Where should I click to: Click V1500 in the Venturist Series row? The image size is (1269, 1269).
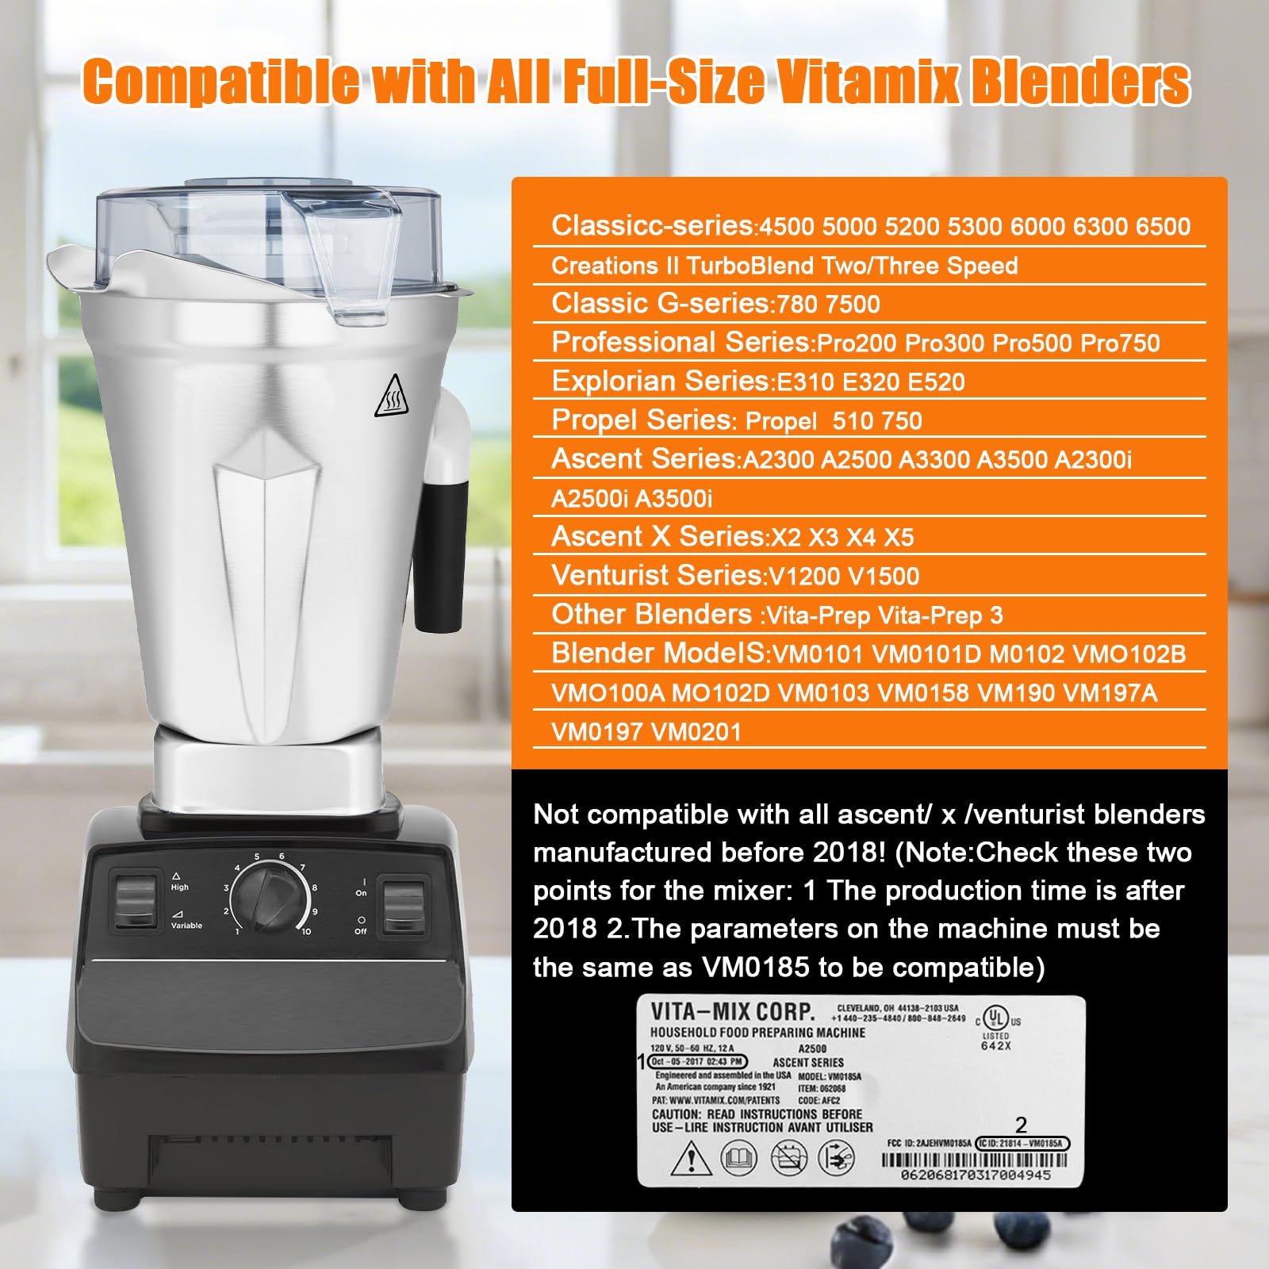[884, 577]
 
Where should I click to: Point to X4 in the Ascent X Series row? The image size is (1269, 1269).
[861, 538]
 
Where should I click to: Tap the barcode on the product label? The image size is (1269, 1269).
[975, 1160]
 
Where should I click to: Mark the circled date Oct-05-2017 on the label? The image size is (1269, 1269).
[697, 1061]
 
